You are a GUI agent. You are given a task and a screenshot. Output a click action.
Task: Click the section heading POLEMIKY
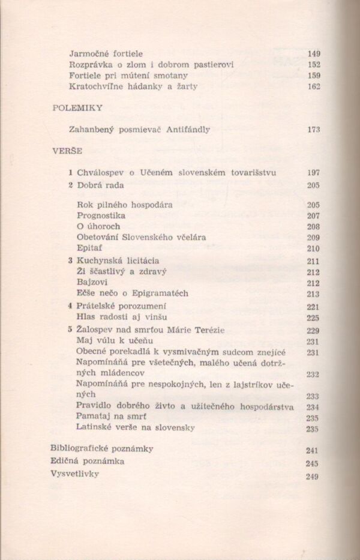pyautogui.click(x=78, y=108)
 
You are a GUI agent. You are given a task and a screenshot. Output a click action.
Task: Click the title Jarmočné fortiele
pyautogui.click(x=106, y=53)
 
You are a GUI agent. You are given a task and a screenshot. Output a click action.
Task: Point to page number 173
pyautogui.click(x=313, y=130)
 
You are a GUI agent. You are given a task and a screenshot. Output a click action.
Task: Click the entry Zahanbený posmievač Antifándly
pyautogui.click(x=140, y=129)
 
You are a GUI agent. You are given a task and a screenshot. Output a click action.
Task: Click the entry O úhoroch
pyautogui.click(x=98, y=226)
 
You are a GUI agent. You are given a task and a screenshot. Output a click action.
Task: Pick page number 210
pyautogui.click(x=313, y=248)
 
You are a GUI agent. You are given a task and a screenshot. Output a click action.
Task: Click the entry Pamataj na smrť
pyautogui.click(x=112, y=417)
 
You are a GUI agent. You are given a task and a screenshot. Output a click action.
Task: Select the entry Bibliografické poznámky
pyautogui.click(x=102, y=448)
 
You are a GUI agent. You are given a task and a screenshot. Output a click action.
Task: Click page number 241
pyautogui.click(x=311, y=451)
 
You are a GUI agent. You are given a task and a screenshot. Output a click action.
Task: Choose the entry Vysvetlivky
pyautogui.click(x=75, y=474)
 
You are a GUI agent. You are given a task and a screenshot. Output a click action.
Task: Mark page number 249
pyautogui.click(x=311, y=477)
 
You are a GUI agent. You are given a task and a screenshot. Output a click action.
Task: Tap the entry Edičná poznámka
pyautogui.click(x=88, y=461)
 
